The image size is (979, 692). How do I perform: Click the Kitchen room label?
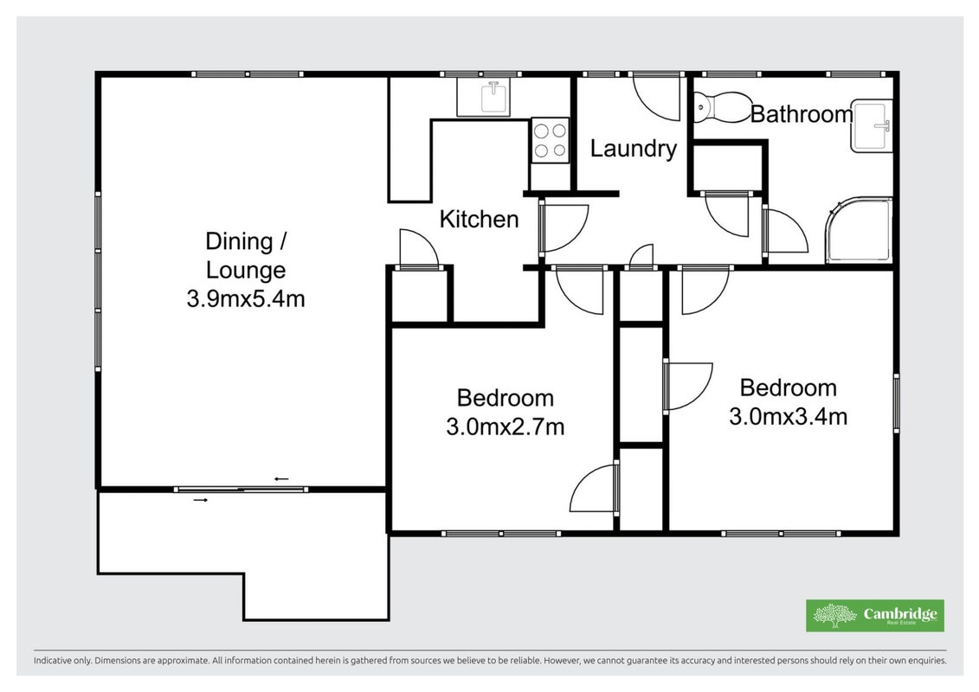[479, 219]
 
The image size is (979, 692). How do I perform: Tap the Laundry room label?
[633, 149]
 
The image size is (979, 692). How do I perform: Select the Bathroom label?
[801, 114]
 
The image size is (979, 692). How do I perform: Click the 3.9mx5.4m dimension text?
[245, 299]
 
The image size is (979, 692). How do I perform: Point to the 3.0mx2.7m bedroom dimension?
[505, 426]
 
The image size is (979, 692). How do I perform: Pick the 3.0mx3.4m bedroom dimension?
[788, 416]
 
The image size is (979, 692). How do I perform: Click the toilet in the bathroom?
[722, 107]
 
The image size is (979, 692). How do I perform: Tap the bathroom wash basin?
[872, 125]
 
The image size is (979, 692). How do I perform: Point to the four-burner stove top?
[550, 140]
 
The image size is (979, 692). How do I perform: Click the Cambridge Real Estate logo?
[875, 615]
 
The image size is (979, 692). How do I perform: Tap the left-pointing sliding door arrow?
[281, 478]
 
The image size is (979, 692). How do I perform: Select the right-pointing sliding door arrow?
[201, 500]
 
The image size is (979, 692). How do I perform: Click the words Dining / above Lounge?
[245, 240]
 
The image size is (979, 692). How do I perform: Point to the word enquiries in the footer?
[927, 660]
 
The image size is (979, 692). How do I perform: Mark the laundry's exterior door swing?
[656, 98]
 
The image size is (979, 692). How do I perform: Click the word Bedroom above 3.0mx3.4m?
[788, 388]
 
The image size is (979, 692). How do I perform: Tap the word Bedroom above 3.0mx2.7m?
[506, 398]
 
